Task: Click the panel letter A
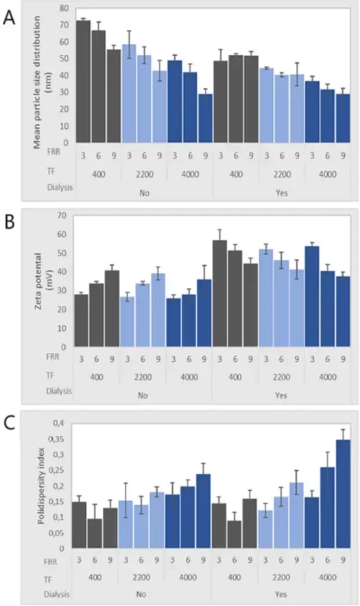tap(9, 17)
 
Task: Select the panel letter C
tap(9, 423)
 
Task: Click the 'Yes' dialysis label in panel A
tap(281, 193)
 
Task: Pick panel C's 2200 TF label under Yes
tap(281, 579)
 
